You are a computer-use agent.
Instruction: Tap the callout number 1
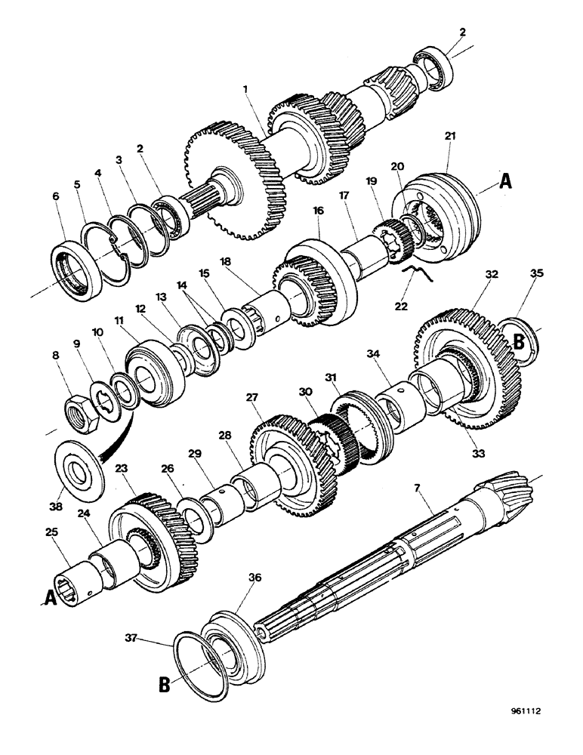coord(245,89)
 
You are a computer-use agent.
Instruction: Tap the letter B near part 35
coord(519,341)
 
